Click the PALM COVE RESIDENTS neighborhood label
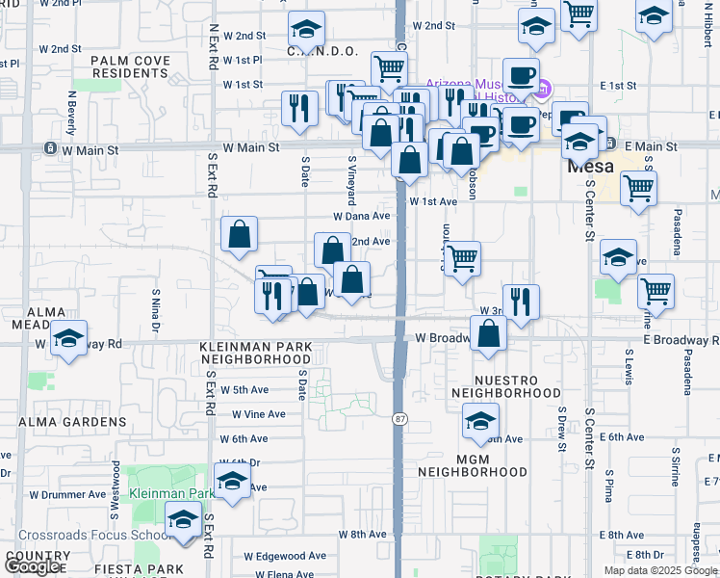click(130, 67)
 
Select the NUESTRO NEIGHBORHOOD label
click(505, 386)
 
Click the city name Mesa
click(590, 166)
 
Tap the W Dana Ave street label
click(361, 217)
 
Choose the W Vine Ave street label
click(259, 414)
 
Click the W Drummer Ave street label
click(67, 494)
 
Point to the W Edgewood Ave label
click(285, 556)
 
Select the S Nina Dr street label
click(155, 308)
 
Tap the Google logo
click(34, 566)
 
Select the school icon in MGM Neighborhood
click(480, 420)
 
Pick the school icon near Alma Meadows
click(68, 338)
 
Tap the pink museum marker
click(542, 91)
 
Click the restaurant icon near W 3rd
click(521, 301)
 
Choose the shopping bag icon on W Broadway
click(490, 334)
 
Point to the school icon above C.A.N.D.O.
click(306, 30)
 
